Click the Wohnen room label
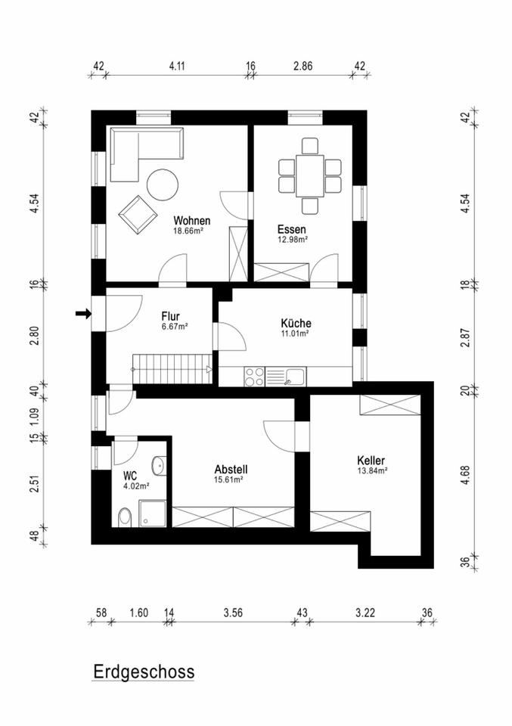click(191, 221)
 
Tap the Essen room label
click(292, 229)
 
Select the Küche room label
click(295, 323)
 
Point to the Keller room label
click(371, 460)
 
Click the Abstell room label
click(231, 469)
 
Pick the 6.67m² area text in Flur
click(174, 326)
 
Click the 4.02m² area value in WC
click(136, 486)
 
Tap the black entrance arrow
click(83, 313)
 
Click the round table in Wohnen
click(162, 185)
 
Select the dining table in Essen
click(310, 174)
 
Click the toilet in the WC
click(126, 517)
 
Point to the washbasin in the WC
click(160, 465)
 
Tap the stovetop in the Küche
click(254, 374)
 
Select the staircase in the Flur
click(173, 370)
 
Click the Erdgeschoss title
click(144, 672)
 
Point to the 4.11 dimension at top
click(177, 67)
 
